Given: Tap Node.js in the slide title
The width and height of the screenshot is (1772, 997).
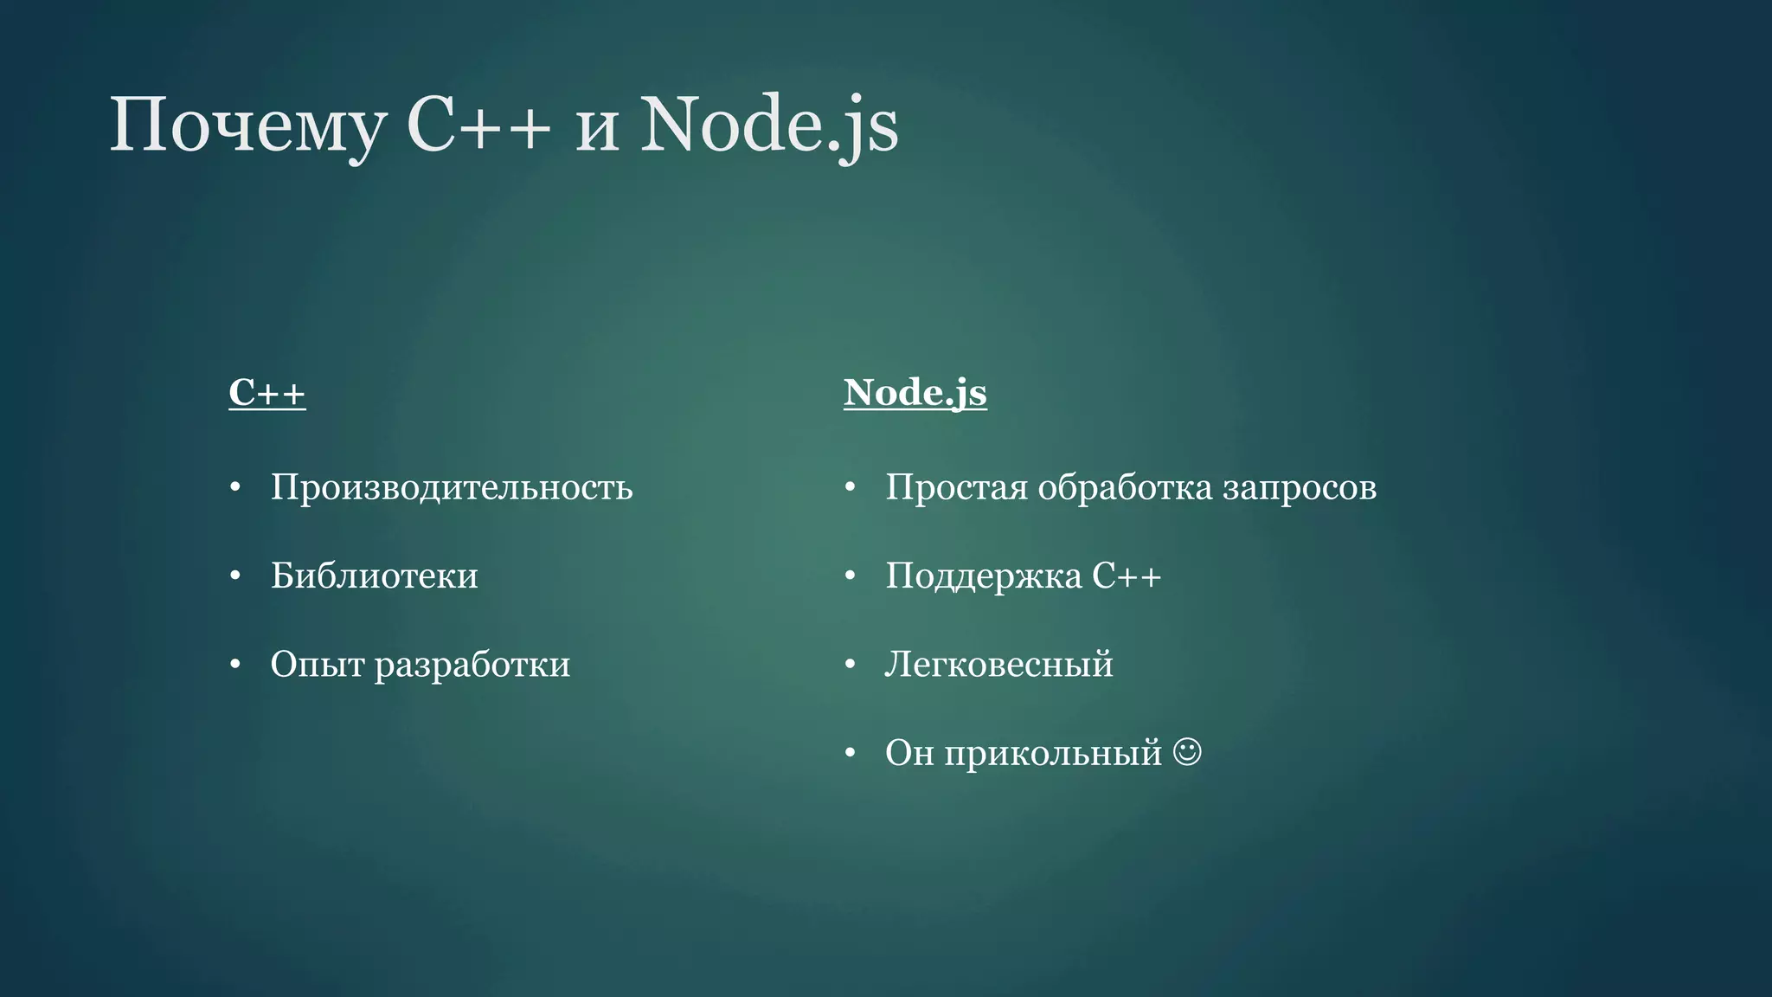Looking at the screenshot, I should (x=769, y=126).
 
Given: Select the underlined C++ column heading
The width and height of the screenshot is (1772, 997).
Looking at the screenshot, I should (x=266, y=393).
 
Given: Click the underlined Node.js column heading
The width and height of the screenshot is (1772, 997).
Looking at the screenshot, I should (x=915, y=393).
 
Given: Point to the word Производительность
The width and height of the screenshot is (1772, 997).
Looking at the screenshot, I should (x=452, y=487).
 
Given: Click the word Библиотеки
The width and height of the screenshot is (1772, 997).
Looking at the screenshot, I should (x=374, y=576).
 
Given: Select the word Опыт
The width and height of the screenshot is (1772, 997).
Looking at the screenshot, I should (x=317, y=665).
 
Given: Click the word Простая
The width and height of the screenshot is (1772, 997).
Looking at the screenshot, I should (x=956, y=488).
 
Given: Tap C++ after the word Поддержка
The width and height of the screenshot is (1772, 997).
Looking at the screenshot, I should (x=1127, y=576).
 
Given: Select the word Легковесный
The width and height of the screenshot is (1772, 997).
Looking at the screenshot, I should (x=998, y=665).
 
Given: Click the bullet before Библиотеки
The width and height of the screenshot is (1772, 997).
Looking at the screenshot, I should (x=235, y=576).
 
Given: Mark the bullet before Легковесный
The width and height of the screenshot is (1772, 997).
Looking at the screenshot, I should (x=850, y=665).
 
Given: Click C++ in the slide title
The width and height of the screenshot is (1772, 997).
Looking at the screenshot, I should (x=478, y=126).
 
